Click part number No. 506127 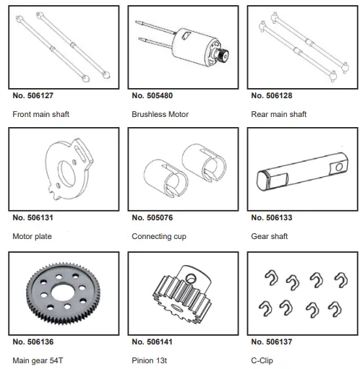click(x=33, y=95)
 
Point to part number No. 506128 click(x=272, y=95)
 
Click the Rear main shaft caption click(x=278, y=114)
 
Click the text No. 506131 click(x=33, y=217)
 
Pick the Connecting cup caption click(x=158, y=236)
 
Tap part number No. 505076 click(x=153, y=217)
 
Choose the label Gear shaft click(x=267, y=236)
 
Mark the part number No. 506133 click(x=272, y=217)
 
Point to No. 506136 click(x=33, y=341)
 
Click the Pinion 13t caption click(x=152, y=360)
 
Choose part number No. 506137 click(x=272, y=341)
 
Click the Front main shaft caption click(x=41, y=114)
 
